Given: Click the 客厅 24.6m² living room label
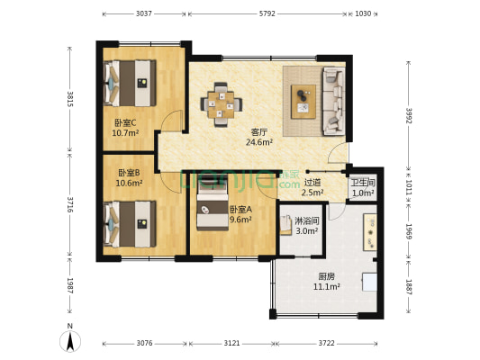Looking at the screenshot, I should (x=259, y=137).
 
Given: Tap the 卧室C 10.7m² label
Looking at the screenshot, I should (x=125, y=128).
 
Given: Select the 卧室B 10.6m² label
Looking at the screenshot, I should (x=129, y=177).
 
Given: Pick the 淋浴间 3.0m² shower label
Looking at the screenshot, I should (x=307, y=225).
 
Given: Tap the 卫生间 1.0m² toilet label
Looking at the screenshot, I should (x=363, y=187).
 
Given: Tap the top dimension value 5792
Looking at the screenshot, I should (x=267, y=14).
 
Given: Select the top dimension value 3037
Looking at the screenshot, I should (x=143, y=14).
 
